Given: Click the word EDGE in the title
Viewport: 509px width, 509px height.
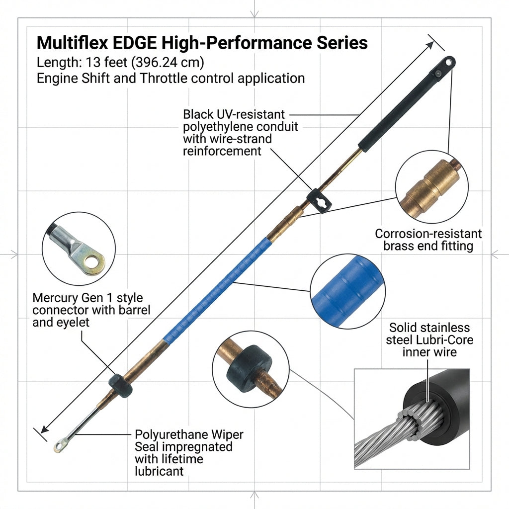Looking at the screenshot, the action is click(x=134, y=43).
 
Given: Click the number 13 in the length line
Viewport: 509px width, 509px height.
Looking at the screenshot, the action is click(x=92, y=62).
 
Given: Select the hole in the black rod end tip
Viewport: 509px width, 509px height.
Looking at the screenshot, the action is click(x=448, y=62).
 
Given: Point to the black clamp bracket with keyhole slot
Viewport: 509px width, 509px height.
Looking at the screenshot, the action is click(x=319, y=201).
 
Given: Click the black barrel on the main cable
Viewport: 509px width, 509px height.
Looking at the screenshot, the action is click(x=120, y=386).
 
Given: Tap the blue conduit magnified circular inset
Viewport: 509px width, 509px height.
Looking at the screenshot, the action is click(x=347, y=291).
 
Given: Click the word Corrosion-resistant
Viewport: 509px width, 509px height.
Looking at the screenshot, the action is click(x=428, y=234).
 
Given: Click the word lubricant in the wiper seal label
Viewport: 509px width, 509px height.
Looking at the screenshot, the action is click(x=159, y=471).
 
